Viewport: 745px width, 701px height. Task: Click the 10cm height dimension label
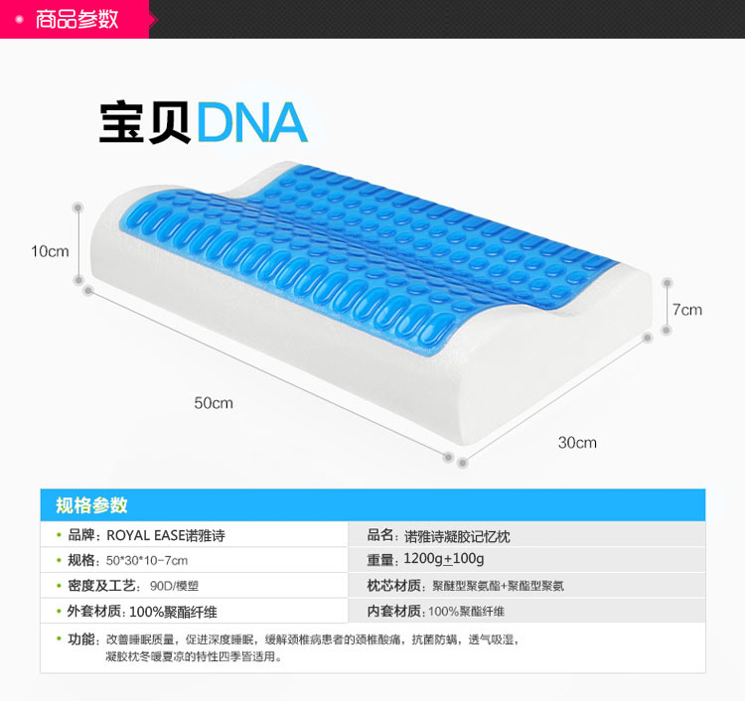tap(50, 251)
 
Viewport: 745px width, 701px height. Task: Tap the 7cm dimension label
tap(686, 310)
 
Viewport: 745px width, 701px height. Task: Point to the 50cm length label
tap(214, 403)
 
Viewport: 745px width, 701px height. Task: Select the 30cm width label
tap(577, 442)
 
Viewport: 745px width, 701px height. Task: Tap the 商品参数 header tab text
tap(76, 19)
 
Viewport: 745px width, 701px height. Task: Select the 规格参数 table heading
tap(92, 505)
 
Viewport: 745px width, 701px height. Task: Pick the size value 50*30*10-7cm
tap(147, 561)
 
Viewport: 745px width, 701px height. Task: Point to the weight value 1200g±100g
tap(444, 561)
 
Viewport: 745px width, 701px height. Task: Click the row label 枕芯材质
tap(394, 586)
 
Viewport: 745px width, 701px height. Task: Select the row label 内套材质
tap(394, 611)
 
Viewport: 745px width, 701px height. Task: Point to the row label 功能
tap(81, 638)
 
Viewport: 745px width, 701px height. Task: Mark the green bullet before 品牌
tap(60, 536)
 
